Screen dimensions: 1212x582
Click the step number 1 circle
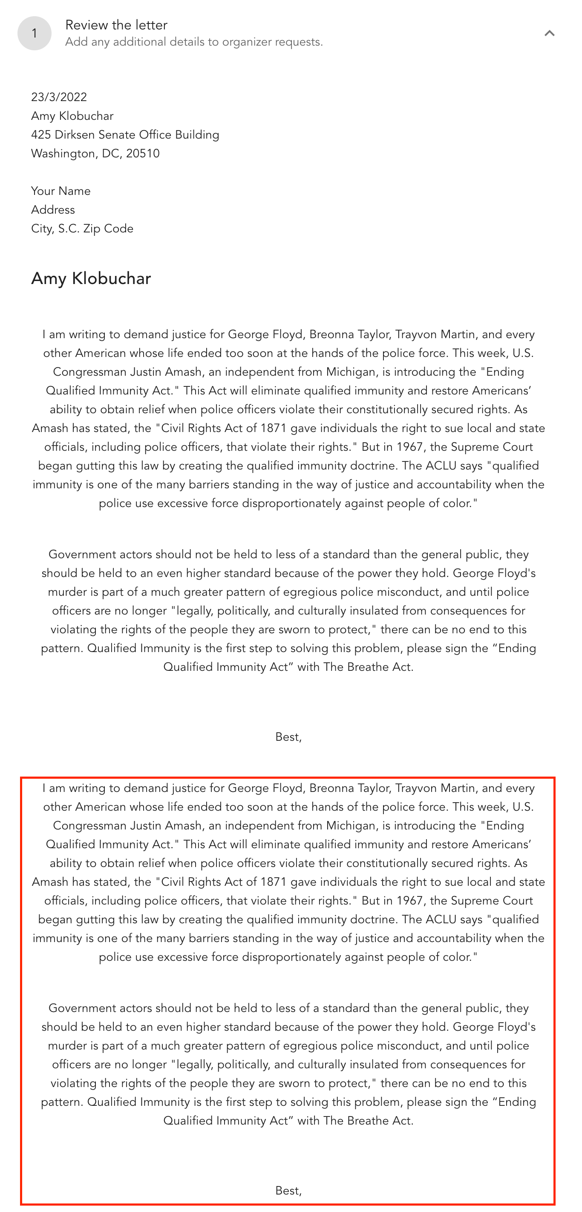pos(35,33)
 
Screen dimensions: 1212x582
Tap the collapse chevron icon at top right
pos(549,33)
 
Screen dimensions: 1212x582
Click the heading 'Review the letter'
pos(116,25)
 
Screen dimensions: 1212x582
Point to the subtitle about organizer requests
pos(194,42)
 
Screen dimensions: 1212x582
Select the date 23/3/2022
pos(59,97)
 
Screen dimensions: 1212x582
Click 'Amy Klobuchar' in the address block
pos(72,116)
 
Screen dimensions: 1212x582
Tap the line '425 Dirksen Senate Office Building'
pos(125,135)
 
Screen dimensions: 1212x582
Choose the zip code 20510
pos(142,154)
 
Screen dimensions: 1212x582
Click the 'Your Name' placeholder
pos(61,191)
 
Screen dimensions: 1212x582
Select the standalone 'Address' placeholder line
pos(53,210)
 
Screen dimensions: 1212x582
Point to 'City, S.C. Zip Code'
pos(82,229)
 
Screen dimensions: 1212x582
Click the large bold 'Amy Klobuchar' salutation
pos(91,278)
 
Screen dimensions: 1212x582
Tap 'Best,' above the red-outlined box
pos(288,737)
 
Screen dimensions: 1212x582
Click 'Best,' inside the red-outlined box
pos(288,1190)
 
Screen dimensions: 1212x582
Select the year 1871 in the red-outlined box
pos(274,882)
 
